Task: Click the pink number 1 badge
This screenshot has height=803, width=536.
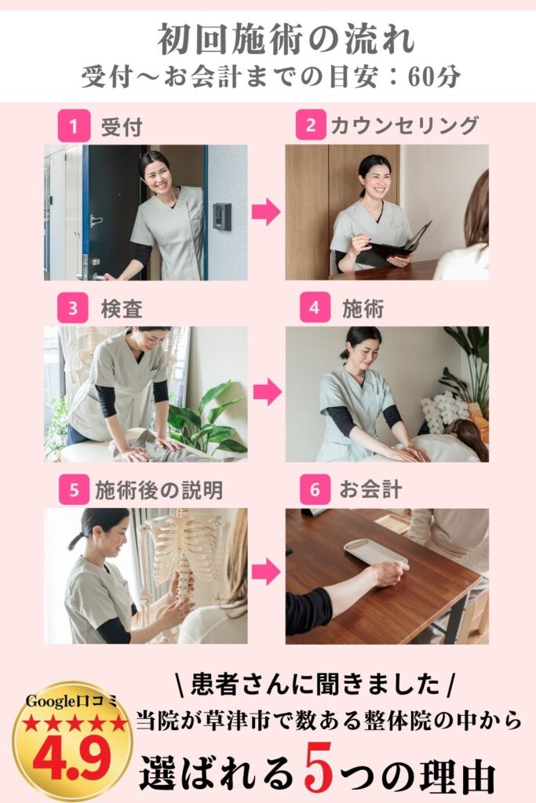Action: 73,125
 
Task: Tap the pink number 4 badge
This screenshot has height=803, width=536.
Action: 315,307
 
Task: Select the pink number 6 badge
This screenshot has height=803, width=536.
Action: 315,489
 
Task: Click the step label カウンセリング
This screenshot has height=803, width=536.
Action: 405,125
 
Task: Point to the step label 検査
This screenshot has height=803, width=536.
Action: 122,309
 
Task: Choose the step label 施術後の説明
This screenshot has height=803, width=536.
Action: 159,490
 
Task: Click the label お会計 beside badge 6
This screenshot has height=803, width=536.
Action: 370,489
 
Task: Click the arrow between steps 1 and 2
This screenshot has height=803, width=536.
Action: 266,212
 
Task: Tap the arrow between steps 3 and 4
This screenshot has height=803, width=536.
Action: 267,393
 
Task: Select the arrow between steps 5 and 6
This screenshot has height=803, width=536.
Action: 266,572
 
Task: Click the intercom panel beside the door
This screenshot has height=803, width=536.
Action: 222,216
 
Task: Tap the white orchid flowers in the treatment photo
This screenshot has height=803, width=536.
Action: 442,411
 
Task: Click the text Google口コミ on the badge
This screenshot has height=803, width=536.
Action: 72,702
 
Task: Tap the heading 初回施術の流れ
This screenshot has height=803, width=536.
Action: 286,39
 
